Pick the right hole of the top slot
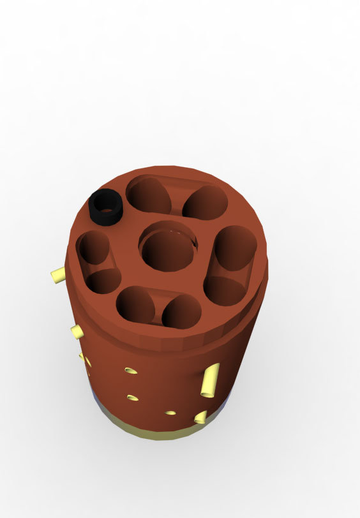coord(205,203)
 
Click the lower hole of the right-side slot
coord(223,290)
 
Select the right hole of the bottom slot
coord(182,313)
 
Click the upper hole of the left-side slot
coord(94,248)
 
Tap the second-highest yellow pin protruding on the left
coord(77,330)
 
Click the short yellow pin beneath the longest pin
coord(200,417)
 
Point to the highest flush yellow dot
coord(131,370)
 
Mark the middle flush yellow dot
coord(132,397)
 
